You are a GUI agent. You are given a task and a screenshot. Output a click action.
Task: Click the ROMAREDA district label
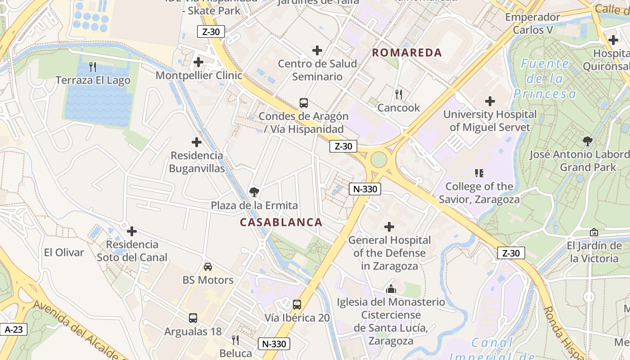tap(407, 53)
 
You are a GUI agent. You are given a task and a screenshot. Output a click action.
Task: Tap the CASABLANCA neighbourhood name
tap(281, 222)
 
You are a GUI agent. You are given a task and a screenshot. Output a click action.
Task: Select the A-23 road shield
tap(13, 329)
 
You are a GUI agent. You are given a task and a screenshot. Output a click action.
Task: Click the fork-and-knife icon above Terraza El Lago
tap(93, 67)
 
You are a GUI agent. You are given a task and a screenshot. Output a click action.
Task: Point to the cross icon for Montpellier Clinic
tap(198, 62)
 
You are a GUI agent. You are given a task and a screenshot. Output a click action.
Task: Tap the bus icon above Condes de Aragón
tap(304, 103)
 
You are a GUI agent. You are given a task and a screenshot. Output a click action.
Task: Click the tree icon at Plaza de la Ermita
tap(254, 193)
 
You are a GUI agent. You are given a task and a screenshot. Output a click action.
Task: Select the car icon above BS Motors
tap(207, 267)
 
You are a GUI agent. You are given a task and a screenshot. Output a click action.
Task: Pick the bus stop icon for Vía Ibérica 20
tap(297, 305)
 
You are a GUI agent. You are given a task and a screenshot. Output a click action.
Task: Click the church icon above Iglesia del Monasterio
tap(391, 289)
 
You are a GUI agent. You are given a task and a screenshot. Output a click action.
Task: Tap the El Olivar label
tap(64, 252)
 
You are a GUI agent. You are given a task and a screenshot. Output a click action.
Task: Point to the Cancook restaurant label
tap(398, 108)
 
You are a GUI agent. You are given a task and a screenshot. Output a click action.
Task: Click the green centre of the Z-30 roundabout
tap(379, 159)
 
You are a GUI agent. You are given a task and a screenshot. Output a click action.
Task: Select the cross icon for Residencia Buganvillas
tap(197, 142)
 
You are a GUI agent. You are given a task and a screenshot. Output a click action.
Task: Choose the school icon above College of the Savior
tap(479, 173)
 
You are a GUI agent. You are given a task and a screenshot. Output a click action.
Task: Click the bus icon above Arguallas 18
tap(193, 318)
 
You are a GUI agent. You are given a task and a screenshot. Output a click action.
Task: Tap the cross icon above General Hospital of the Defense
tap(389, 227)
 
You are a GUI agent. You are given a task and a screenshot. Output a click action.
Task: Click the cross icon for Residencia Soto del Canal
tap(132, 231)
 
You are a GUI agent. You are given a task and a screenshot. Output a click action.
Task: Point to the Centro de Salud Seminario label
tap(317, 70)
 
